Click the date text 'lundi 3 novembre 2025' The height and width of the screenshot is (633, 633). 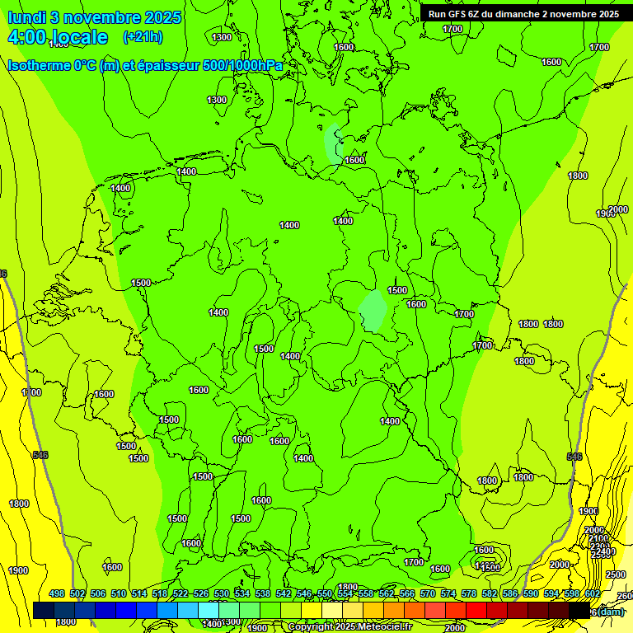(x=95, y=17)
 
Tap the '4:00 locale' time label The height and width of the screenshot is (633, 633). (x=58, y=37)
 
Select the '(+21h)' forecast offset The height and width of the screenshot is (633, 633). (x=143, y=37)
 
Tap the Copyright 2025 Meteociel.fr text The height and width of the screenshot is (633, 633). (x=350, y=627)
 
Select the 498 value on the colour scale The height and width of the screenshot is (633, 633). (x=57, y=594)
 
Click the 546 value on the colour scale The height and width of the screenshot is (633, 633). (x=304, y=594)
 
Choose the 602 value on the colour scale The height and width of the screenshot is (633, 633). (x=593, y=594)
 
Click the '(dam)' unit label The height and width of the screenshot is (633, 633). (x=610, y=611)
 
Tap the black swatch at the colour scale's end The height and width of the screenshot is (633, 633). (x=579, y=611)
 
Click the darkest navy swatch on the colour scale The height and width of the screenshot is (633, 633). (x=44, y=611)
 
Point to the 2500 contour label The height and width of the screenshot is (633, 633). (x=615, y=574)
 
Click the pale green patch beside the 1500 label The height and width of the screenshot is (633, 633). (x=373, y=311)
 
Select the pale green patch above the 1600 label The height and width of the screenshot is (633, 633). (x=333, y=143)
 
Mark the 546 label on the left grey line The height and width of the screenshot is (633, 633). (x=40, y=455)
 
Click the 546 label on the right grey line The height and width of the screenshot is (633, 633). (x=574, y=457)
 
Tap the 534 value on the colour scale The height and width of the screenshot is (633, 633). (x=242, y=594)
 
